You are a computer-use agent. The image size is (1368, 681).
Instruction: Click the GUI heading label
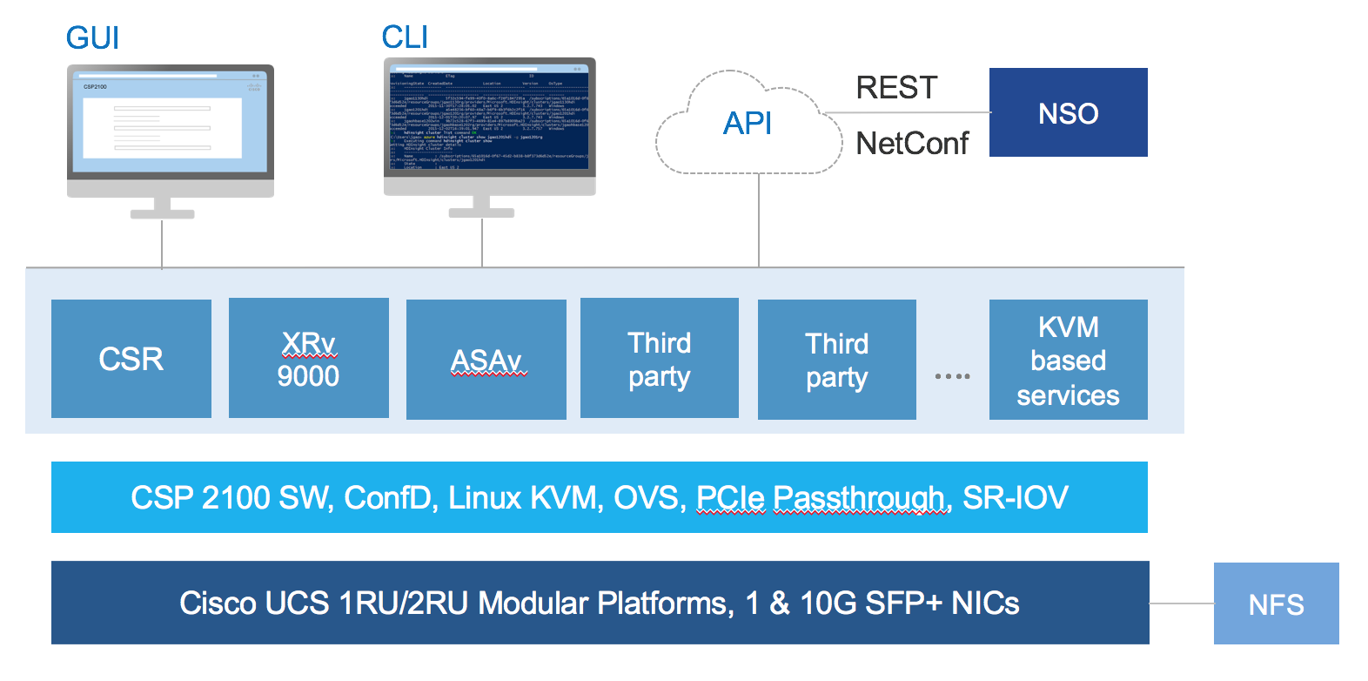92,38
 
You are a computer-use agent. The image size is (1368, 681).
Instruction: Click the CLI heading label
405,37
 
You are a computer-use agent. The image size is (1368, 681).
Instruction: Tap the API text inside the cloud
748,124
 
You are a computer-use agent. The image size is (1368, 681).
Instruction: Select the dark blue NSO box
1068,113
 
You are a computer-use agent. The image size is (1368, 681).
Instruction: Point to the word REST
896,88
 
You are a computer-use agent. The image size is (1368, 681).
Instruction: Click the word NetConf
912,144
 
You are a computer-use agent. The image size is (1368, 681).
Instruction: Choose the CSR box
131,359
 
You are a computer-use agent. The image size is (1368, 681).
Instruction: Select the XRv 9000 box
309,359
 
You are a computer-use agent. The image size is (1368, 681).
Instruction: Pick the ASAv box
486,360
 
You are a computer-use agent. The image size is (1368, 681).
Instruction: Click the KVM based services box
1068,361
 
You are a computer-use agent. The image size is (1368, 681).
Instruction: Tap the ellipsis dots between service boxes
952,376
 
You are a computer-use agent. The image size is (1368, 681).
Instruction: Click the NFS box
1276,604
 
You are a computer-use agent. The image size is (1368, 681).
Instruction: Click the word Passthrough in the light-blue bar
858,498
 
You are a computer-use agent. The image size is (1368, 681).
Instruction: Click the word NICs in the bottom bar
985,603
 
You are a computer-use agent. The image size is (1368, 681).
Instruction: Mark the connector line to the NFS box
1181,603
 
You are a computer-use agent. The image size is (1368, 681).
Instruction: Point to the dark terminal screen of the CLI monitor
489,118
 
